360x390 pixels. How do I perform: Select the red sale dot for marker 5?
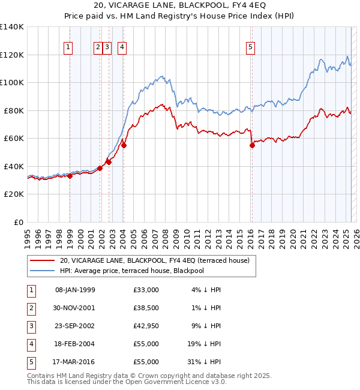252,145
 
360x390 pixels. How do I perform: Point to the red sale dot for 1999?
70,176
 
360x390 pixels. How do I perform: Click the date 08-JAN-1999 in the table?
75,290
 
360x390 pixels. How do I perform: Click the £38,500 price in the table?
146,308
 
